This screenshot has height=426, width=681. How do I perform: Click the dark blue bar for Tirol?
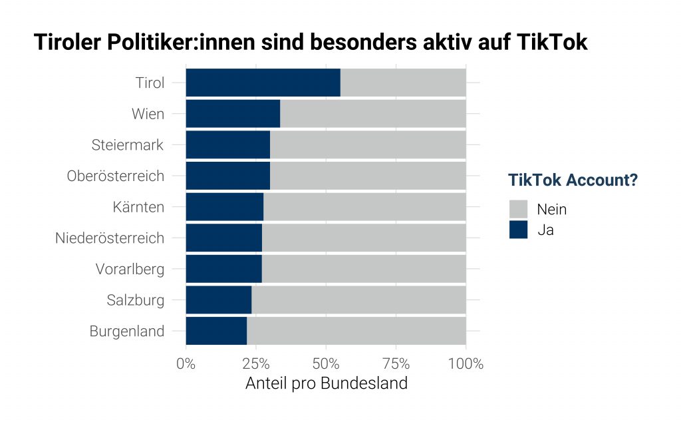click(263, 83)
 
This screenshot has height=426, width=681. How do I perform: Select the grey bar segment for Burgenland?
click(356, 331)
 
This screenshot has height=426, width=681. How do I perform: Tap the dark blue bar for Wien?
click(233, 114)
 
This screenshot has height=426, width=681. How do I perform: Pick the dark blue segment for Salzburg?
click(218, 300)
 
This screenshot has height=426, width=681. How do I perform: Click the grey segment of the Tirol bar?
click(402, 83)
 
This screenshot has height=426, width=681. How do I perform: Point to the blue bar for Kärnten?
click(224, 207)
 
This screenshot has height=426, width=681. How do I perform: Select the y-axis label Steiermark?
click(127, 145)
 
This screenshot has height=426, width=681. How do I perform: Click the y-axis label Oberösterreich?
click(115, 176)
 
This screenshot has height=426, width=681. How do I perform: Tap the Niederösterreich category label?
click(110, 238)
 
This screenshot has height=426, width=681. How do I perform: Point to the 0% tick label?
click(186, 364)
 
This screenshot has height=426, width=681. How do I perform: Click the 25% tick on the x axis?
click(255, 364)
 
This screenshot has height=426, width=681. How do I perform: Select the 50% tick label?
click(326, 364)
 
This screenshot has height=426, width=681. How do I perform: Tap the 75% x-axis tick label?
click(396, 364)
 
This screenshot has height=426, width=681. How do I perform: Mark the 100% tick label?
click(466, 364)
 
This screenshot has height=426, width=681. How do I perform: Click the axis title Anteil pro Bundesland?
click(326, 384)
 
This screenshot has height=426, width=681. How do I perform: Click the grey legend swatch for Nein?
click(518, 209)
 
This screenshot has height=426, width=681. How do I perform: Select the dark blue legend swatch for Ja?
click(518, 230)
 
